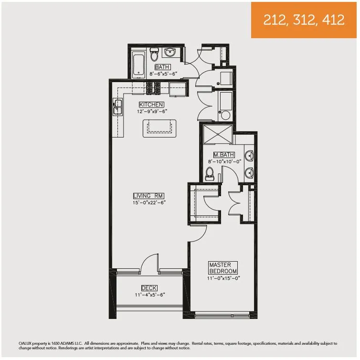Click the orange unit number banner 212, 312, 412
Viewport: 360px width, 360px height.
304,20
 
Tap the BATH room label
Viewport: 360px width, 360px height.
162,67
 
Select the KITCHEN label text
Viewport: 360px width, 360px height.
151,105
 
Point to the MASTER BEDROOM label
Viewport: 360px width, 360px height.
219,268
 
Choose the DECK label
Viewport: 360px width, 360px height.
149,288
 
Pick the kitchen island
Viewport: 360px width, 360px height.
159,128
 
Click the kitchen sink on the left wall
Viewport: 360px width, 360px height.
117,107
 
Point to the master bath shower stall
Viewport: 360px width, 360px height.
217,133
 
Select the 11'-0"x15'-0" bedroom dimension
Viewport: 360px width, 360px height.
222,278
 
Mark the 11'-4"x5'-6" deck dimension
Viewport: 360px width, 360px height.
149,295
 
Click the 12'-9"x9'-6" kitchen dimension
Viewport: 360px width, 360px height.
151,111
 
